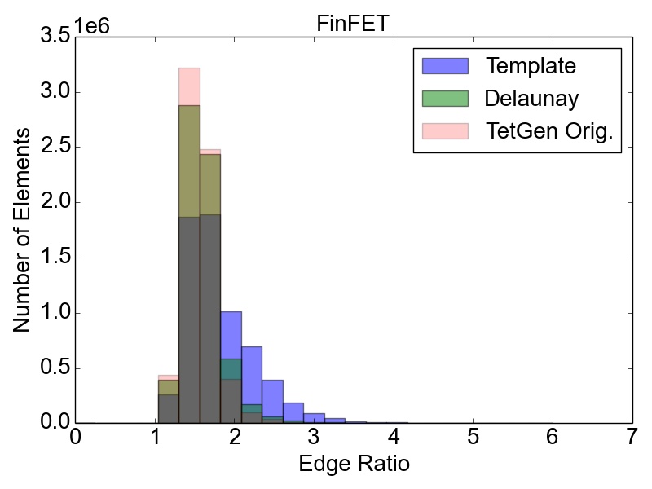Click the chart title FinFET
353,24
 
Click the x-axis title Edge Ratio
355,464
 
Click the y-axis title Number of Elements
22,230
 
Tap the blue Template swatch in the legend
445,66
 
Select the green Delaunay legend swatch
445,99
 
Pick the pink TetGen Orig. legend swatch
445,131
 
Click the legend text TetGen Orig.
549,131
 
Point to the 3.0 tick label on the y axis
55,91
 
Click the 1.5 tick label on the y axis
55,258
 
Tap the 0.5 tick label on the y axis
55,368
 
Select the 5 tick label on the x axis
474,437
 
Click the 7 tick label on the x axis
632,437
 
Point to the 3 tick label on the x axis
314,437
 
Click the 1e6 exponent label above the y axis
92,26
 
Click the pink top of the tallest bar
189,86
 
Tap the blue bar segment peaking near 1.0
231,335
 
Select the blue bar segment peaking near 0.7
252,375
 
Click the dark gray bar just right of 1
169,409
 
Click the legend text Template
531,66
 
